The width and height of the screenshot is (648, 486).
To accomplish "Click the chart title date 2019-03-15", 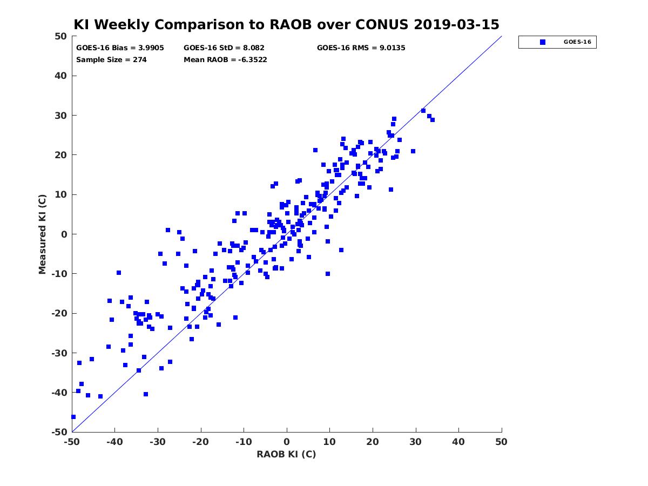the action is [x=456, y=24].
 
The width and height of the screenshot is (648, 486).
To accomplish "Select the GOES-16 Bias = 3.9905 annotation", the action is [x=120, y=48].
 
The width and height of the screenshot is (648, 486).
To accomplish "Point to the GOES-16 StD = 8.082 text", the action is [x=224, y=48].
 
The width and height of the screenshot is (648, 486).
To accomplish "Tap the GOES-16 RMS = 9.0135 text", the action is [x=361, y=48].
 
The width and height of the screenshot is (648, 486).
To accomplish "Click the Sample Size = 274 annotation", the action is [x=111, y=60].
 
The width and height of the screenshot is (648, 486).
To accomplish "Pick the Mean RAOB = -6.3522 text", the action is [x=225, y=60].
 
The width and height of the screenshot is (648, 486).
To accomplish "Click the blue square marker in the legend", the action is [x=542, y=42].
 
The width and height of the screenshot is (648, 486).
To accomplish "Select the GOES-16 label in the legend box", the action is [x=577, y=42].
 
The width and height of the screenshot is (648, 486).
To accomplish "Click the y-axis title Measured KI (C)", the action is [x=42, y=234].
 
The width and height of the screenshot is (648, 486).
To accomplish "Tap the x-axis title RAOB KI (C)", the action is [x=286, y=454].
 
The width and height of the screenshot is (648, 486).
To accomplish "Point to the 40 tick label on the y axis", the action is [x=61, y=76].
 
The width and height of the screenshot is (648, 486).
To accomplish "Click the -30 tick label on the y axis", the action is [x=59, y=353].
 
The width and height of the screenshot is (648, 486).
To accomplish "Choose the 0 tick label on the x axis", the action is [x=287, y=442].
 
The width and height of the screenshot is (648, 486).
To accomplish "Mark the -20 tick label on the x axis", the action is [x=200, y=442].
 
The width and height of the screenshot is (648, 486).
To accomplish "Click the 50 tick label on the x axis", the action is [x=501, y=442].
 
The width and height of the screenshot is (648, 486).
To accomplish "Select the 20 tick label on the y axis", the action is [x=61, y=155].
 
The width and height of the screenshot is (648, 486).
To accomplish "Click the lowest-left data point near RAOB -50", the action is [x=73, y=417].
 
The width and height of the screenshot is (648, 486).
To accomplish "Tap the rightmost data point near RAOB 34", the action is [x=432, y=120].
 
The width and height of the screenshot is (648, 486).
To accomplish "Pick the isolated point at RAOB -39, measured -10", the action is [x=119, y=273].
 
